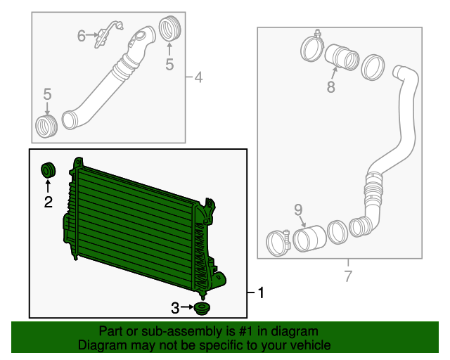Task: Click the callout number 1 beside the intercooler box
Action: click(x=261, y=292)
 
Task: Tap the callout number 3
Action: click(x=174, y=307)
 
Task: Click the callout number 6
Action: click(x=82, y=35)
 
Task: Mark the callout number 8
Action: click(x=330, y=87)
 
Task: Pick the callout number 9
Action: click(x=297, y=209)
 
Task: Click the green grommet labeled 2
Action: click(x=49, y=169)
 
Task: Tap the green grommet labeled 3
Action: click(x=203, y=309)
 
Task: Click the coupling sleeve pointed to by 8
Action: click(x=342, y=58)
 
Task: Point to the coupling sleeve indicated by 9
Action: click(x=309, y=237)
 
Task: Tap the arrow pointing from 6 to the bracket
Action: click(x=94, y=35)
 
